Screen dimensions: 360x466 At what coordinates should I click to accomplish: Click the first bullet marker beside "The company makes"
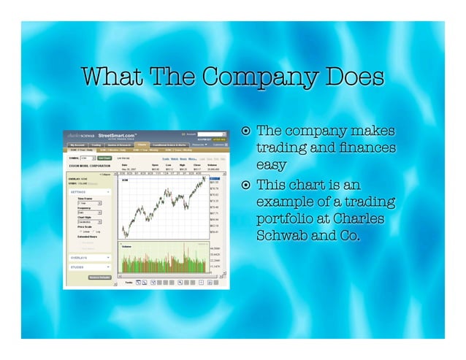pyautogui.click(x=247, y=132)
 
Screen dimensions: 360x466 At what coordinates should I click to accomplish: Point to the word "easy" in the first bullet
pyautogui.click(x=271, y=165)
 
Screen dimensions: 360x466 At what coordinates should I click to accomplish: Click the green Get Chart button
pyautogui.click(x=105, y=157)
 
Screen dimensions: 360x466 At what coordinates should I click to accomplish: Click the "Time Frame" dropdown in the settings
pyautogui.click(x=89, y=203)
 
